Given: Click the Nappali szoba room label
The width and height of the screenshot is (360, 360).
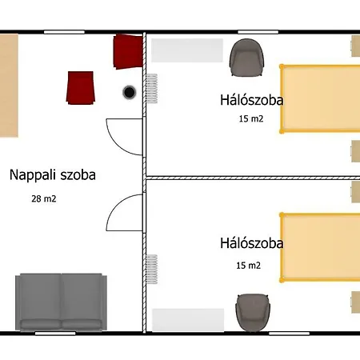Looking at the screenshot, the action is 53,175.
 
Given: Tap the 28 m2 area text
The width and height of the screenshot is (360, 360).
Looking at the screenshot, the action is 44,198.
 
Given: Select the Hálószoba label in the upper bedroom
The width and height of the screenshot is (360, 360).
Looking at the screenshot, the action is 251,100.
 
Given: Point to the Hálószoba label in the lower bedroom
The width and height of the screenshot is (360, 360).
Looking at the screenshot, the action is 251,243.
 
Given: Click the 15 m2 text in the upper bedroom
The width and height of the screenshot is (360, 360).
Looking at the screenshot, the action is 251,118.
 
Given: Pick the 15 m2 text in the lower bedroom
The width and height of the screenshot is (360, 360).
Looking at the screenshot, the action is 248,266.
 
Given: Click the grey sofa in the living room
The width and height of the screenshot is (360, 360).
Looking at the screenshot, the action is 61,302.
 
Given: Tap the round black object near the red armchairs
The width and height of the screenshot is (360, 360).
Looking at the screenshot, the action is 130,92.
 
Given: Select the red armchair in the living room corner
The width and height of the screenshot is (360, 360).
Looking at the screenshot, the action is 128,51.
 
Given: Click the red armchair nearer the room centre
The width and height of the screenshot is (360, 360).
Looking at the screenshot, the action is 81,88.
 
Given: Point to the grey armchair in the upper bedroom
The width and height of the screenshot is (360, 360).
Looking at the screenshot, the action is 246,58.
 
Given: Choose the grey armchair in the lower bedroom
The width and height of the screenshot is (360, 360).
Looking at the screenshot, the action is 253,313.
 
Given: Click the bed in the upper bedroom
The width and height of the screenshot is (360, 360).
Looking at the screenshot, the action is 320,98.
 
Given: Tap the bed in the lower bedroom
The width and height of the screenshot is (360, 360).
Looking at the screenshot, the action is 320,247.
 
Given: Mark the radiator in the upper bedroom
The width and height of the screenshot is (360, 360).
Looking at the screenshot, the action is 151,89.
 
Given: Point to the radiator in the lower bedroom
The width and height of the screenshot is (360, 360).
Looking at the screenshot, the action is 151,269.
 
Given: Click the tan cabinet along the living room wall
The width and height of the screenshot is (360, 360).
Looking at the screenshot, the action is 9,86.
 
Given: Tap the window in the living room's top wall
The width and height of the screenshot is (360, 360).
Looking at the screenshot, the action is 64,32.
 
